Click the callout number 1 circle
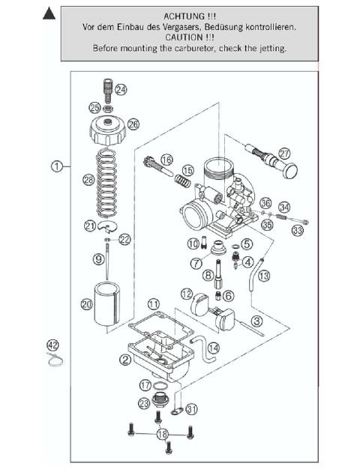click(x=57, y=166)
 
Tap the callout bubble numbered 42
click(x=52, y=345)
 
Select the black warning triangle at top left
click(x=49, y=13)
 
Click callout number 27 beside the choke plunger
click(x=284, y=153)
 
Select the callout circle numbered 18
click(x=162, y=434)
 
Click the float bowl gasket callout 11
click(x=154, y=303)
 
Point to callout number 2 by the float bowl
click(x=125, y=359)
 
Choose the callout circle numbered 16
click(x=166, y=160)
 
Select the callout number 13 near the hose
click(x=263, y=276)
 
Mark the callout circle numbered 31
click(x=193, y=409)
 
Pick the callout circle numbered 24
click(x=120, y=89)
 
